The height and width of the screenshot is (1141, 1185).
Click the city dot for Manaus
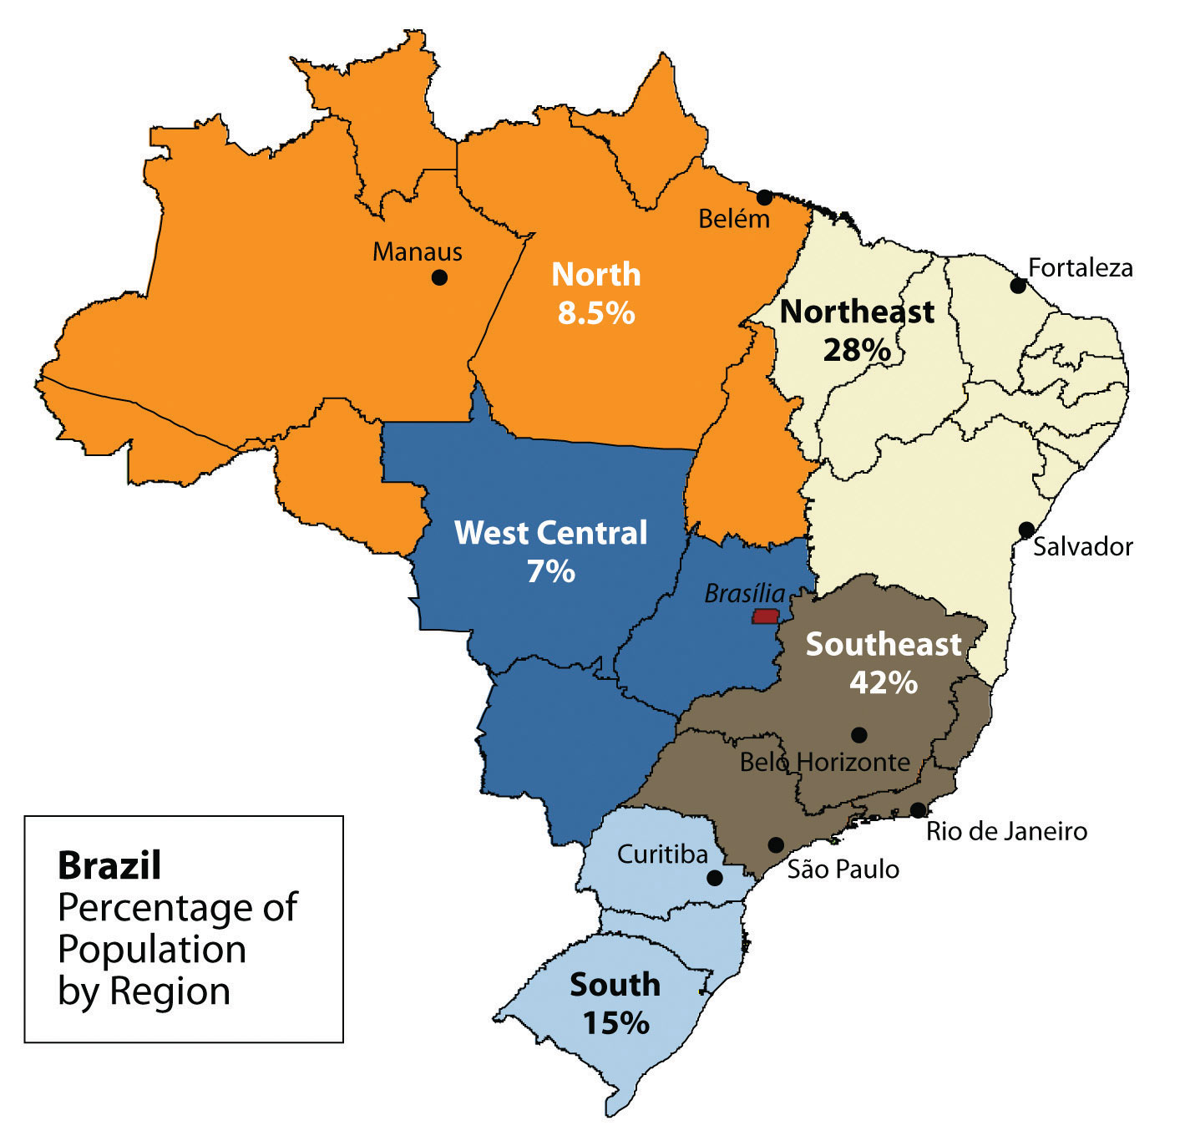point(439,277)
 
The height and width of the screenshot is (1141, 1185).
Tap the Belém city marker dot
point(764,197)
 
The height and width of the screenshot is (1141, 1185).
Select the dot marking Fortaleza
point(1018,286)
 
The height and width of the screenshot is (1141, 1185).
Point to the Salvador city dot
point(1026,530)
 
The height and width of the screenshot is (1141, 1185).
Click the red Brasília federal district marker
point(766,616)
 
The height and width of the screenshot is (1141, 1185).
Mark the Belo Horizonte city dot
point(858,735)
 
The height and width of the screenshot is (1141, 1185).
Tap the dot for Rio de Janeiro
point(918,810)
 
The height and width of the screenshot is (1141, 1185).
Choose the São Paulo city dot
point(776,844)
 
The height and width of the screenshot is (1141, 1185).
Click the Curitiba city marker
point(715,878)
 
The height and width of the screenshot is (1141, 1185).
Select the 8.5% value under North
point(596,313)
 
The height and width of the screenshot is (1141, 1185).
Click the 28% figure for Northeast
point(857,350)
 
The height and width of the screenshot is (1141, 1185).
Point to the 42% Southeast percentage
point(884,682)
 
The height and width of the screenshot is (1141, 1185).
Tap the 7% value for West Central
point(550,571)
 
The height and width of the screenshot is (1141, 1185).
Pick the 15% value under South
point(615,1023)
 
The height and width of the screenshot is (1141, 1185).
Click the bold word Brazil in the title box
point(109,866)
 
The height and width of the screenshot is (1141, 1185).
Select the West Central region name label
point(550,533)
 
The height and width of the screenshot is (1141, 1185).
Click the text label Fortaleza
point(1081,268)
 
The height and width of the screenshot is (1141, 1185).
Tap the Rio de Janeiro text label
point(1006,832)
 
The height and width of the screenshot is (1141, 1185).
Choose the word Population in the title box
point(152,950)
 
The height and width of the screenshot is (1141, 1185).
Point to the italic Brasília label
point(745,594)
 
